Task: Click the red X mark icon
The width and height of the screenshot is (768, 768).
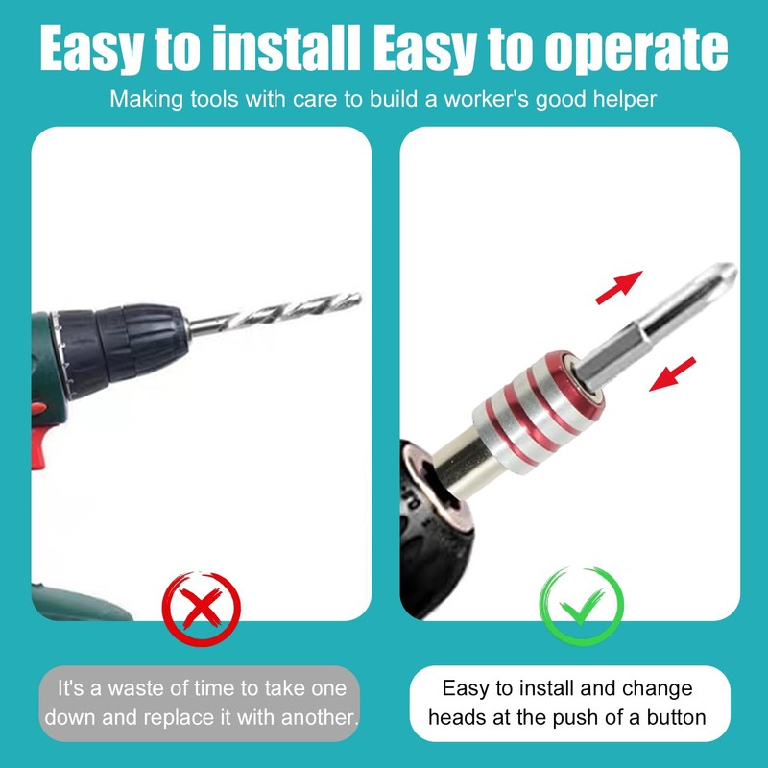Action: point(201,606)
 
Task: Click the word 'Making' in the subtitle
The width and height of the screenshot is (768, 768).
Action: point(143,99)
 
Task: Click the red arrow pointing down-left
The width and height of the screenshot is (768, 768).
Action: point(672,373)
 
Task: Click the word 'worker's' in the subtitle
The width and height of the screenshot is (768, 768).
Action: point(490,99)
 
